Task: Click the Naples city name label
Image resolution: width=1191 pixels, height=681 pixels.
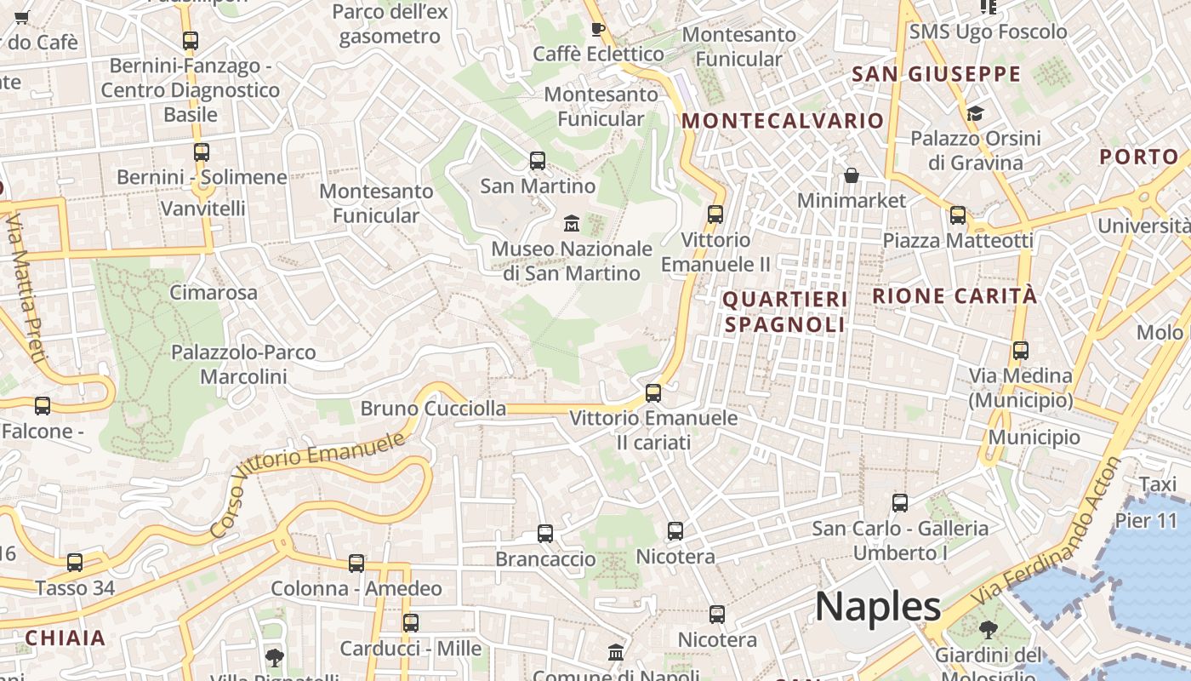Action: click(878, 607)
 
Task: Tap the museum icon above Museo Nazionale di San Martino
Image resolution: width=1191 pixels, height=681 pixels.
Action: click(572, 224)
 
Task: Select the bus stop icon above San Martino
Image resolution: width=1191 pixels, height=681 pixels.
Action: click(538, 160)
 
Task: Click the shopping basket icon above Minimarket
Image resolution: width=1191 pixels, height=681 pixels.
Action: click(852, 175)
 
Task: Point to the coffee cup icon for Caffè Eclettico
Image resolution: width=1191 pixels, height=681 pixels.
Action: click(598, 29)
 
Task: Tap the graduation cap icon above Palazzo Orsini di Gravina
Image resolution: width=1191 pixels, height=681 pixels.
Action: click(975, 113)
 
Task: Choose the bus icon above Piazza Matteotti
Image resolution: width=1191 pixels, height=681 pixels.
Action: click(958, 215)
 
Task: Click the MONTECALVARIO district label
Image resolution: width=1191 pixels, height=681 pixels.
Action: click(783, 121)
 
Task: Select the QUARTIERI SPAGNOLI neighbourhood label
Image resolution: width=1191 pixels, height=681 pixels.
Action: click(785, 312)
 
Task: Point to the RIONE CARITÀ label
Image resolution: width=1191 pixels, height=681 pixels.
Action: click(955, 296)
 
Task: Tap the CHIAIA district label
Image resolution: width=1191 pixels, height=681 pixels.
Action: click(66, 638)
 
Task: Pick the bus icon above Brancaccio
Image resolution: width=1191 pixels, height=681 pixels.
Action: click(545, 534)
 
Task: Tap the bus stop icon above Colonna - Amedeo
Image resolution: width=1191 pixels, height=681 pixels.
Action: click(356, 564)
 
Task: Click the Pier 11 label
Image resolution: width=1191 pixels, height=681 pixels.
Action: click(1146, 520)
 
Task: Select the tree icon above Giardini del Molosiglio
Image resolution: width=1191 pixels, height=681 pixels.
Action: click(988, 630)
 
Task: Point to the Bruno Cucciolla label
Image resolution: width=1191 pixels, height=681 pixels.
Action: click(433, 409)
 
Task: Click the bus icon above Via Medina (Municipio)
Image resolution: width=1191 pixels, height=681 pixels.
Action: click(1021, 350)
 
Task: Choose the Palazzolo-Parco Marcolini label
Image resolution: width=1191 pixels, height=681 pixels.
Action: click(243, 364)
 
